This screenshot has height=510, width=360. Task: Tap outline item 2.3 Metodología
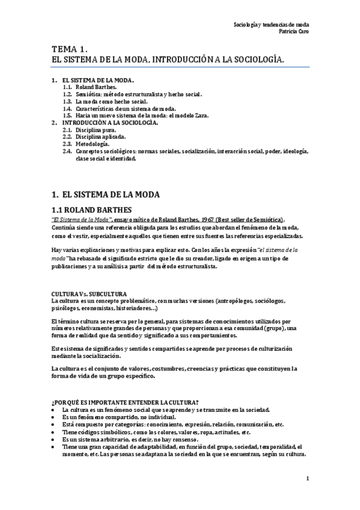click(93, 144)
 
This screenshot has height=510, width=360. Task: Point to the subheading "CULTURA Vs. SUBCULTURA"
click(89, 293)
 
